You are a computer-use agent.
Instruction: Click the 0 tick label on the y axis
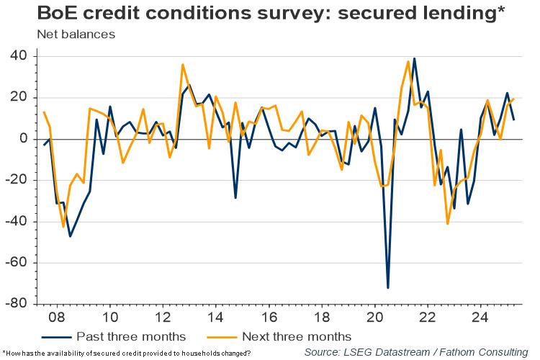(23, 139)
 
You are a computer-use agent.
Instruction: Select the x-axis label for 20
(374, 318)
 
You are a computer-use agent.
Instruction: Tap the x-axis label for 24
(480, 318)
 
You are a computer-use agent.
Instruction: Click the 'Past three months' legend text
(132, 336)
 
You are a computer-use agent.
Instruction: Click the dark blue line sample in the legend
(58, 336)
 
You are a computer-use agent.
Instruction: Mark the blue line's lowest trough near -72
(388, 288)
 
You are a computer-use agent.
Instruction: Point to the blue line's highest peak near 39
(414, 58)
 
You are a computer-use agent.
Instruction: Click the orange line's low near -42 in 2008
(63, 227)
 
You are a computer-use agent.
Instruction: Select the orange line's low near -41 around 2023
(448, 224)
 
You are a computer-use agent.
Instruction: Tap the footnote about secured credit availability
(127, 353)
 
